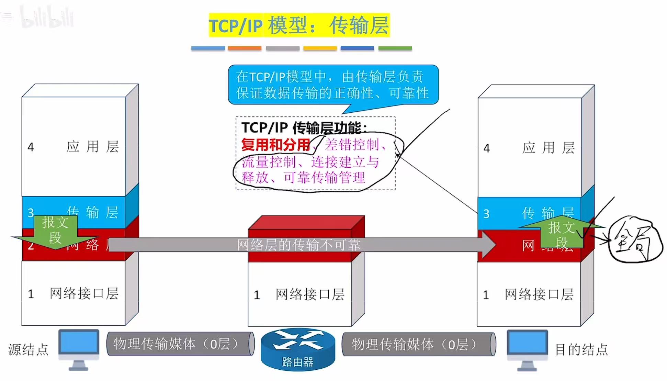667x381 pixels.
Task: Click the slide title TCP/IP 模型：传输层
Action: pyautogui.click(x=299, y=25)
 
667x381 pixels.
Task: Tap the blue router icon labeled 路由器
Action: pyautogui.click(x=298, y=349)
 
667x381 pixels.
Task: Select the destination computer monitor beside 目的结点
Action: pyautogui.click(x=527, y=345)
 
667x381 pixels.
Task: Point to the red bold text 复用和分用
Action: pyautogui.click(x=275, y=145)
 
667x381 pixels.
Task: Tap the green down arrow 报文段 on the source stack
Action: pyautogui.click(x=55, y=231)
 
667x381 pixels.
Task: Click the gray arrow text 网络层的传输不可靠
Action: pyautogui.click(x=298, y=245)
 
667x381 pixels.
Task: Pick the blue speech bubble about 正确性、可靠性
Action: pyautogui.click(x=333, y=85)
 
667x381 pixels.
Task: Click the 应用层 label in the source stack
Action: pyautogui.click(x=92, y=147)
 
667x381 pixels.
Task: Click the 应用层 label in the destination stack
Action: pyautogui.click(x=548, y=148)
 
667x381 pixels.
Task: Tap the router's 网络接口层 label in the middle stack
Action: pyautogui.click(x=310, y=294)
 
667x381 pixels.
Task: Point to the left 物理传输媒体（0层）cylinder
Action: pyautogui.click(x=180, y=344)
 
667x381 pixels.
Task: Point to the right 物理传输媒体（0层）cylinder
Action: pyautogui.click(x=418, y=344)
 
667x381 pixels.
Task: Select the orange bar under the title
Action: pyautogui.click(x=244, y=48)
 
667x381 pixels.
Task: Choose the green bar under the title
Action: pyautogui.click(x=395, y=48)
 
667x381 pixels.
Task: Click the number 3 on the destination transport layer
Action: pyautogui.click(x=486, y=214)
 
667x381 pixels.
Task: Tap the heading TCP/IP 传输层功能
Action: pyautogui.click(x=304, y=128)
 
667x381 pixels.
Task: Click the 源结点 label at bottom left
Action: pyautogui.click(x=28, y=349)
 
